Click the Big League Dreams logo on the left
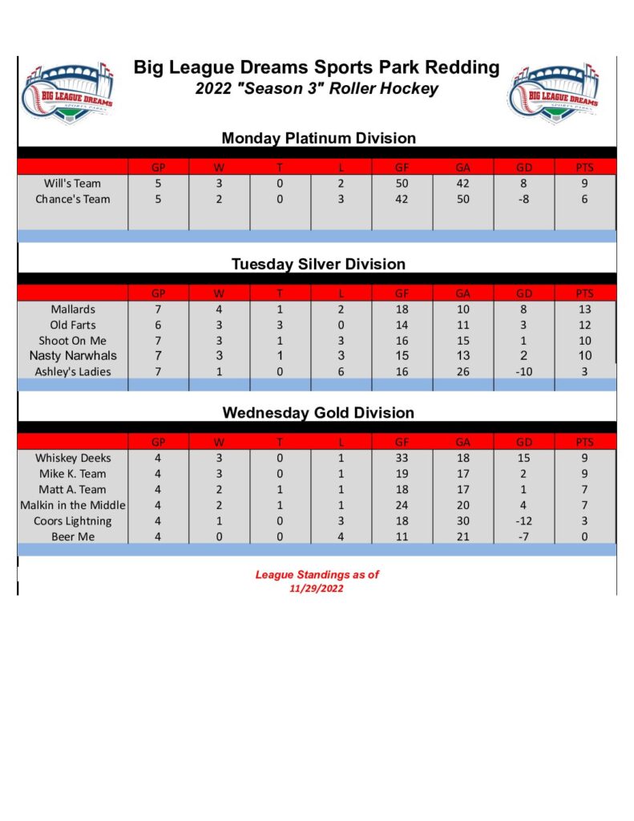(68, 91)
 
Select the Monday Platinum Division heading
(318, 138)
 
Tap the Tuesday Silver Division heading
(318, 264)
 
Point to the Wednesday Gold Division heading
(318, 413)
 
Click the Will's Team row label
(72, 184)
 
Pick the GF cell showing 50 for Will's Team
(402, 184)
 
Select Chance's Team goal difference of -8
(523, 199)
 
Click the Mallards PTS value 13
(584, 309)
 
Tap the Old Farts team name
(72, 325)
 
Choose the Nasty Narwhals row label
(72, 355)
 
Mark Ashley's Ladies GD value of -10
(523, 371)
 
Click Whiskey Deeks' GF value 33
(402, 458)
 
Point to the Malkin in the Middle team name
(73, 505)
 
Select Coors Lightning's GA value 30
(462, 520)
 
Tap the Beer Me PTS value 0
(584, 536)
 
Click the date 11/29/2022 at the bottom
(317, 588)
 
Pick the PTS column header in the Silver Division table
(584, 293)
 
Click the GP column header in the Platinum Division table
(159, 168)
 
